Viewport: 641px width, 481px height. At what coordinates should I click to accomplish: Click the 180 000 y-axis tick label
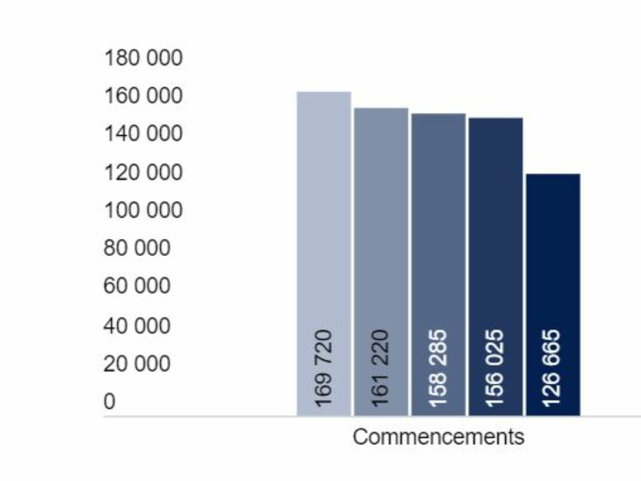tap(143, 58)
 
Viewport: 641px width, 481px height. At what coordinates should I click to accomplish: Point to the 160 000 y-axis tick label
tap(143, 96)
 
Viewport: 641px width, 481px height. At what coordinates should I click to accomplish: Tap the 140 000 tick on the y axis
tap(143, 134)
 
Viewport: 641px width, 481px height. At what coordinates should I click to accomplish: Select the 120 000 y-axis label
tap(143, 173)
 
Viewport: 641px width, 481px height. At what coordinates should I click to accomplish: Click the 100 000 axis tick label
tap(143, 211)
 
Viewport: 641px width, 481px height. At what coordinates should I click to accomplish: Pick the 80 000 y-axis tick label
tap(137, 249)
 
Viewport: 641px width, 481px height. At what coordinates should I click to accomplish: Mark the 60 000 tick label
tap(137, 286)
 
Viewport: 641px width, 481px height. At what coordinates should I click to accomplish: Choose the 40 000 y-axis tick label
tap(137, 325)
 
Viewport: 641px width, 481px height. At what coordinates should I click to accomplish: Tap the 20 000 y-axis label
tap(137, 364)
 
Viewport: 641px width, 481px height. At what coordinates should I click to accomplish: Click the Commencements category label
tap(439, 437)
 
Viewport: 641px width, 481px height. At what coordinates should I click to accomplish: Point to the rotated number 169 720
tap(324, 368)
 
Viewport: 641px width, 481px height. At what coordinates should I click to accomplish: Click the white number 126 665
tap(553, 368)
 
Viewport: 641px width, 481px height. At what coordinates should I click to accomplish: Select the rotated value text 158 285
tap(439, 368)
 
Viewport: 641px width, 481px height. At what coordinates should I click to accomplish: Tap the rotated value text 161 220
tap(381, 368)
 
